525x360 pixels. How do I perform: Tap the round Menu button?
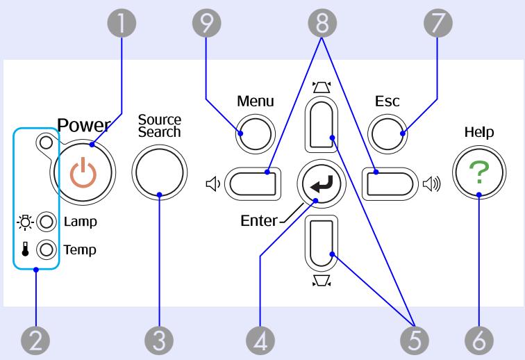click(x=256, y=133)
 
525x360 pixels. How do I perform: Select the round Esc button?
click(x=387, y=133)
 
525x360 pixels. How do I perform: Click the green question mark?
click(x=479, y=172)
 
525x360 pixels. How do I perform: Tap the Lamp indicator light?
click(x=47, y=222)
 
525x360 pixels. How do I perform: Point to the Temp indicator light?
click(x=47, y=249)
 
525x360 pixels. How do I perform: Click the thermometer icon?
click(x=25, y=249)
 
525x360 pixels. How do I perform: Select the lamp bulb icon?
click(x=25, y=222)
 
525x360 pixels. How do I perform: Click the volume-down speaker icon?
click(x=213, y=183)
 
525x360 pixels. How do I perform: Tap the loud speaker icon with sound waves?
click(x=432, y=183)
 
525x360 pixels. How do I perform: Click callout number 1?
click(x=122, y=23)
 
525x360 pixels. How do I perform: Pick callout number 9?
click(x=206, y=23)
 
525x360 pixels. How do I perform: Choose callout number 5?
click(x=415, y=341)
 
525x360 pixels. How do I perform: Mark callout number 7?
click(x=438, y=23)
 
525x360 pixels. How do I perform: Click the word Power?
click(x=84, y=125)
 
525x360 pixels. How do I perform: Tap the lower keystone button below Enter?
click(x=322, y=243)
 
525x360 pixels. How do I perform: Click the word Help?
click(x=479, y=132)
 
